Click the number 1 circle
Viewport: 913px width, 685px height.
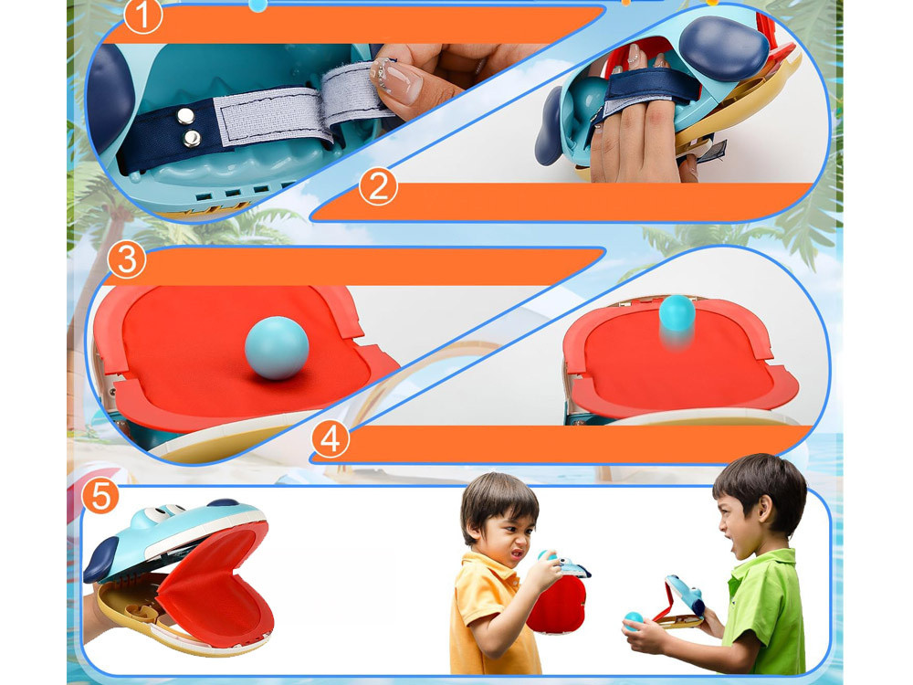pos(142,16)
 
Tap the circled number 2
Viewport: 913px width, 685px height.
pos(378,187)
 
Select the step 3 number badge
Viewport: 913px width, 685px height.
pos(126,259)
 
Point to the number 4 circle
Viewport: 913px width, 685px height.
pos(331,439)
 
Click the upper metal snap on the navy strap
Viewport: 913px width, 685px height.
pos(185,117)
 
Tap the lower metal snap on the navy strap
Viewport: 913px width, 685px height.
pos(192,139)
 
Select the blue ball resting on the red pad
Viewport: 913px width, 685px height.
pos(277,348)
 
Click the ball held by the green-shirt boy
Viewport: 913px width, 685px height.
pos(633,621)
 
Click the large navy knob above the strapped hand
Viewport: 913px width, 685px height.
pos(724,47)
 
